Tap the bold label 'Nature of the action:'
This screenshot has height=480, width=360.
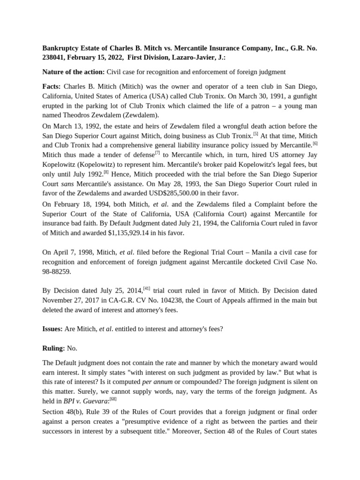(73, 72)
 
